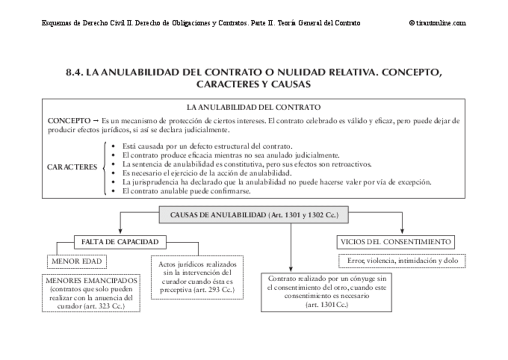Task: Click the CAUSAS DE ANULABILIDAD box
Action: [254, 215]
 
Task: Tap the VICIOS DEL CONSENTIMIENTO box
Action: [395, 242]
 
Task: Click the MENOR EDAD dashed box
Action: [75, 262]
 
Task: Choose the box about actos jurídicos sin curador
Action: [197, 276]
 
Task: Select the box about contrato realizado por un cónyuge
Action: [326, 292]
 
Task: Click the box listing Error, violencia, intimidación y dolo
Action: [402, 261]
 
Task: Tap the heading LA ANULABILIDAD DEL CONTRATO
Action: [253, 107]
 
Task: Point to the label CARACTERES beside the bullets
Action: [72, 168]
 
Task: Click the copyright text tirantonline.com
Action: [437, 23]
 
